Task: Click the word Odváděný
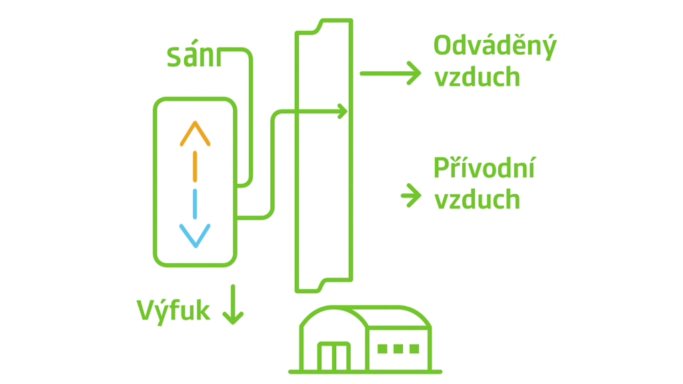pyautogui.click(x=494, y=47)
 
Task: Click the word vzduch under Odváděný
pyautogui.click(x=477, y=77)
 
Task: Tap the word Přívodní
pyautogui.click(x=484, y=169)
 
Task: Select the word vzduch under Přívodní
pyautogui.click(x=477, y=199)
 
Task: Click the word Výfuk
pyautogui.click(x=173, y=311)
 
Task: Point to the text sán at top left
pyautogui.click(x=193, y=57)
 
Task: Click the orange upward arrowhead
pyautogui.click(x=195, y=133)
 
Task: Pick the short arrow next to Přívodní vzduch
pyautogui.click(x=411, y=196)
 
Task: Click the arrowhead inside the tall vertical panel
pyautogui.click(x=341, y=111)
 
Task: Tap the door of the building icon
pyautogui.click(x=333, y=357)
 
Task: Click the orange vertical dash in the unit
pyautogui.click(x=195, y=167)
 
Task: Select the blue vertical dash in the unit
pyautogui.click(x=195, y=204)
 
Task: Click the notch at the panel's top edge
pyautogui.click(x=319, y=26)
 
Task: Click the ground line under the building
pyautogui.click(x=365, y=371)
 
